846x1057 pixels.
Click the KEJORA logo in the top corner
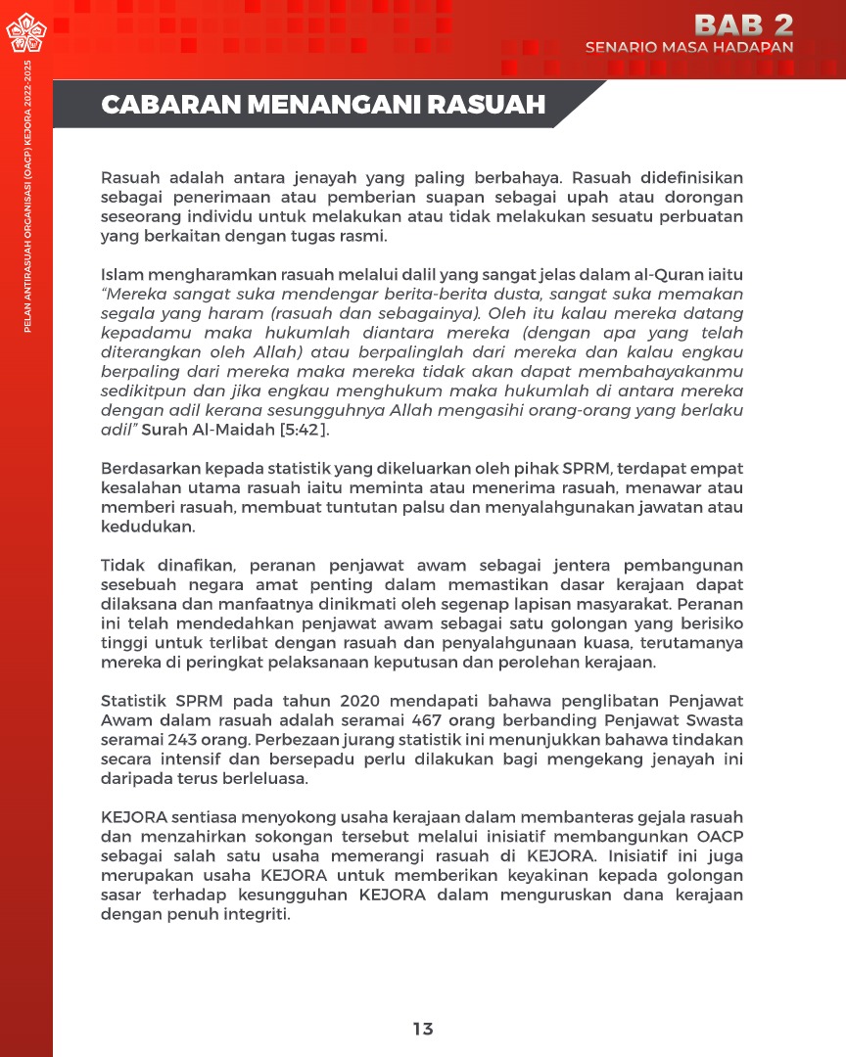(x=26, y=36)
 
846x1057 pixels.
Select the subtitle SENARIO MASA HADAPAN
(x=689, y=47)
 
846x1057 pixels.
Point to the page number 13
(x=423, y=1029)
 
